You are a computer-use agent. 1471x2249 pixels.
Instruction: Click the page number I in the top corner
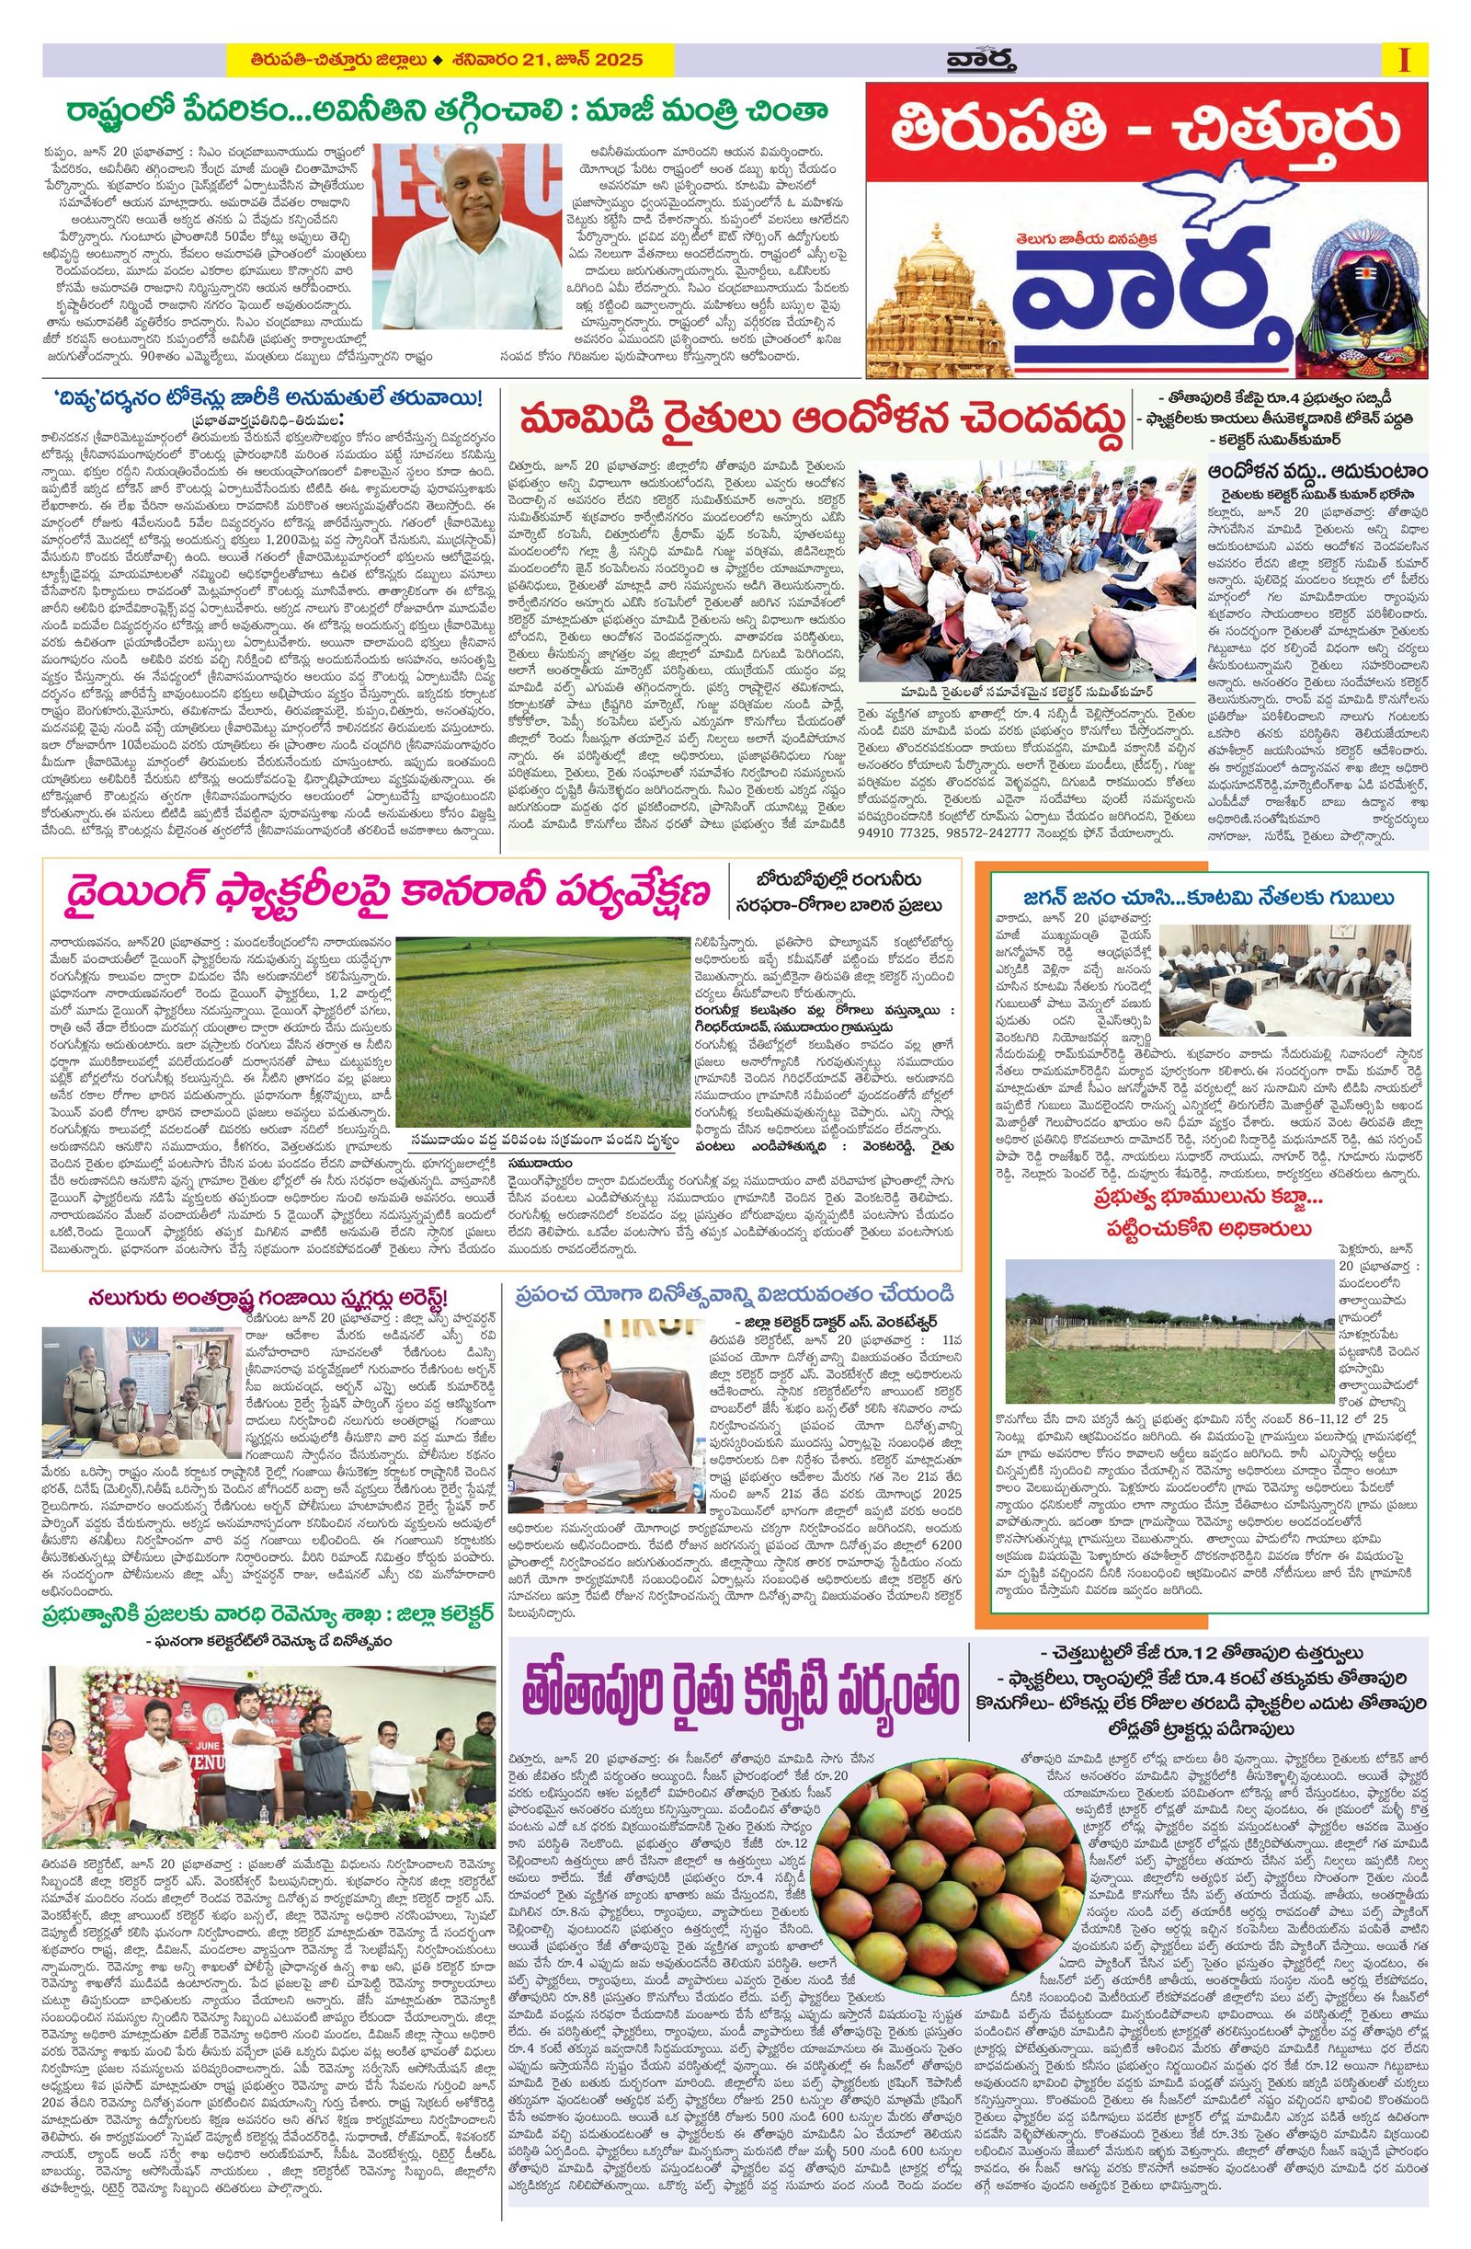(x=1405, y=60)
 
